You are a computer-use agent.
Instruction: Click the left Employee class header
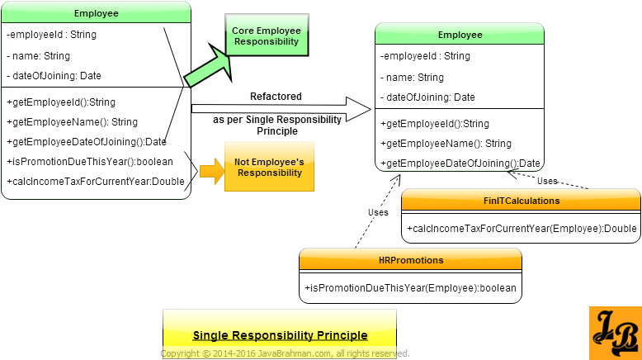(x=96, y=13)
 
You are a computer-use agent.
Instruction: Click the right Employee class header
(x=460, y=35)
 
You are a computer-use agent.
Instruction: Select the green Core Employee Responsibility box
(x=266, y=36)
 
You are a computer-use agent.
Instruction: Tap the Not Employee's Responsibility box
(x=269, y=168)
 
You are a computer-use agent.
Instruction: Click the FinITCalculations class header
(x=521, y=201)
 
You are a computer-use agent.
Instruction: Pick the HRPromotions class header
(x=410, y=260)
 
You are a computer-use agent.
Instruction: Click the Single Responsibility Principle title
(x=280, y=335)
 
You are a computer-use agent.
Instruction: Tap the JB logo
(x=615, y=333)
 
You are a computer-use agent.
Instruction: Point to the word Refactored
(x=276, y=97)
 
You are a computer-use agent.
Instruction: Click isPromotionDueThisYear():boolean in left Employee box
(x=90, y=162)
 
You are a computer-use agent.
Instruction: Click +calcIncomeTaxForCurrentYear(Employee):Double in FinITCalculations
(x=522, y=228)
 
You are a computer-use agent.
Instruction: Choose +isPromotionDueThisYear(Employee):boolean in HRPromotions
(x=411, y=287)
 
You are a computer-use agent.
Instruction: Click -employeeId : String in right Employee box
(x=426, y=57)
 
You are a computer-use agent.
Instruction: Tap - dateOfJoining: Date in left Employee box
(x=54, y=76)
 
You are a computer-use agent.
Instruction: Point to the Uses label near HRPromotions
(x=378, y=212)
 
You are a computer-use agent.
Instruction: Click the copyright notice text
(x=285, y=353)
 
